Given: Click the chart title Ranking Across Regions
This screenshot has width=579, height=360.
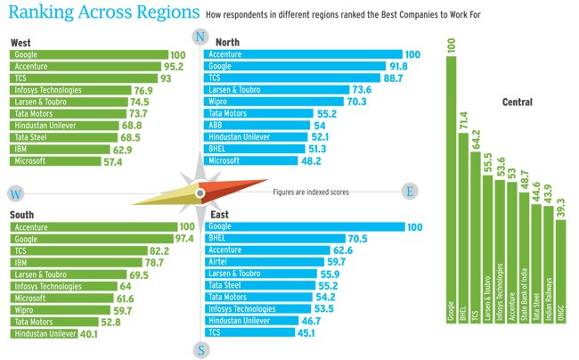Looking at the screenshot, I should pyautogui.click(x=102, y=14).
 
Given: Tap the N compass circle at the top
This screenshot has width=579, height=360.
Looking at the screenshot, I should pyautogui.click(x=200, y=37).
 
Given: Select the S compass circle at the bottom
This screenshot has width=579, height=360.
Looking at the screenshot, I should pyautogui.click(x=200, y=349).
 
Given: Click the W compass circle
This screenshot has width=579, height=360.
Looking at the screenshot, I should pyautogui.click(x=15, y=193).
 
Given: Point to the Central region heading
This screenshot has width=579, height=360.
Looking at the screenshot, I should pyautogui.click(x=517, y=102).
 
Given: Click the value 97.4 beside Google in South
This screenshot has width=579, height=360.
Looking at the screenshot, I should pyautogui.click(x=185, y=239).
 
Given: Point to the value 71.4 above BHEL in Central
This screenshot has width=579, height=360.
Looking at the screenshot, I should pyautogui.click(x=461, y=120).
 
